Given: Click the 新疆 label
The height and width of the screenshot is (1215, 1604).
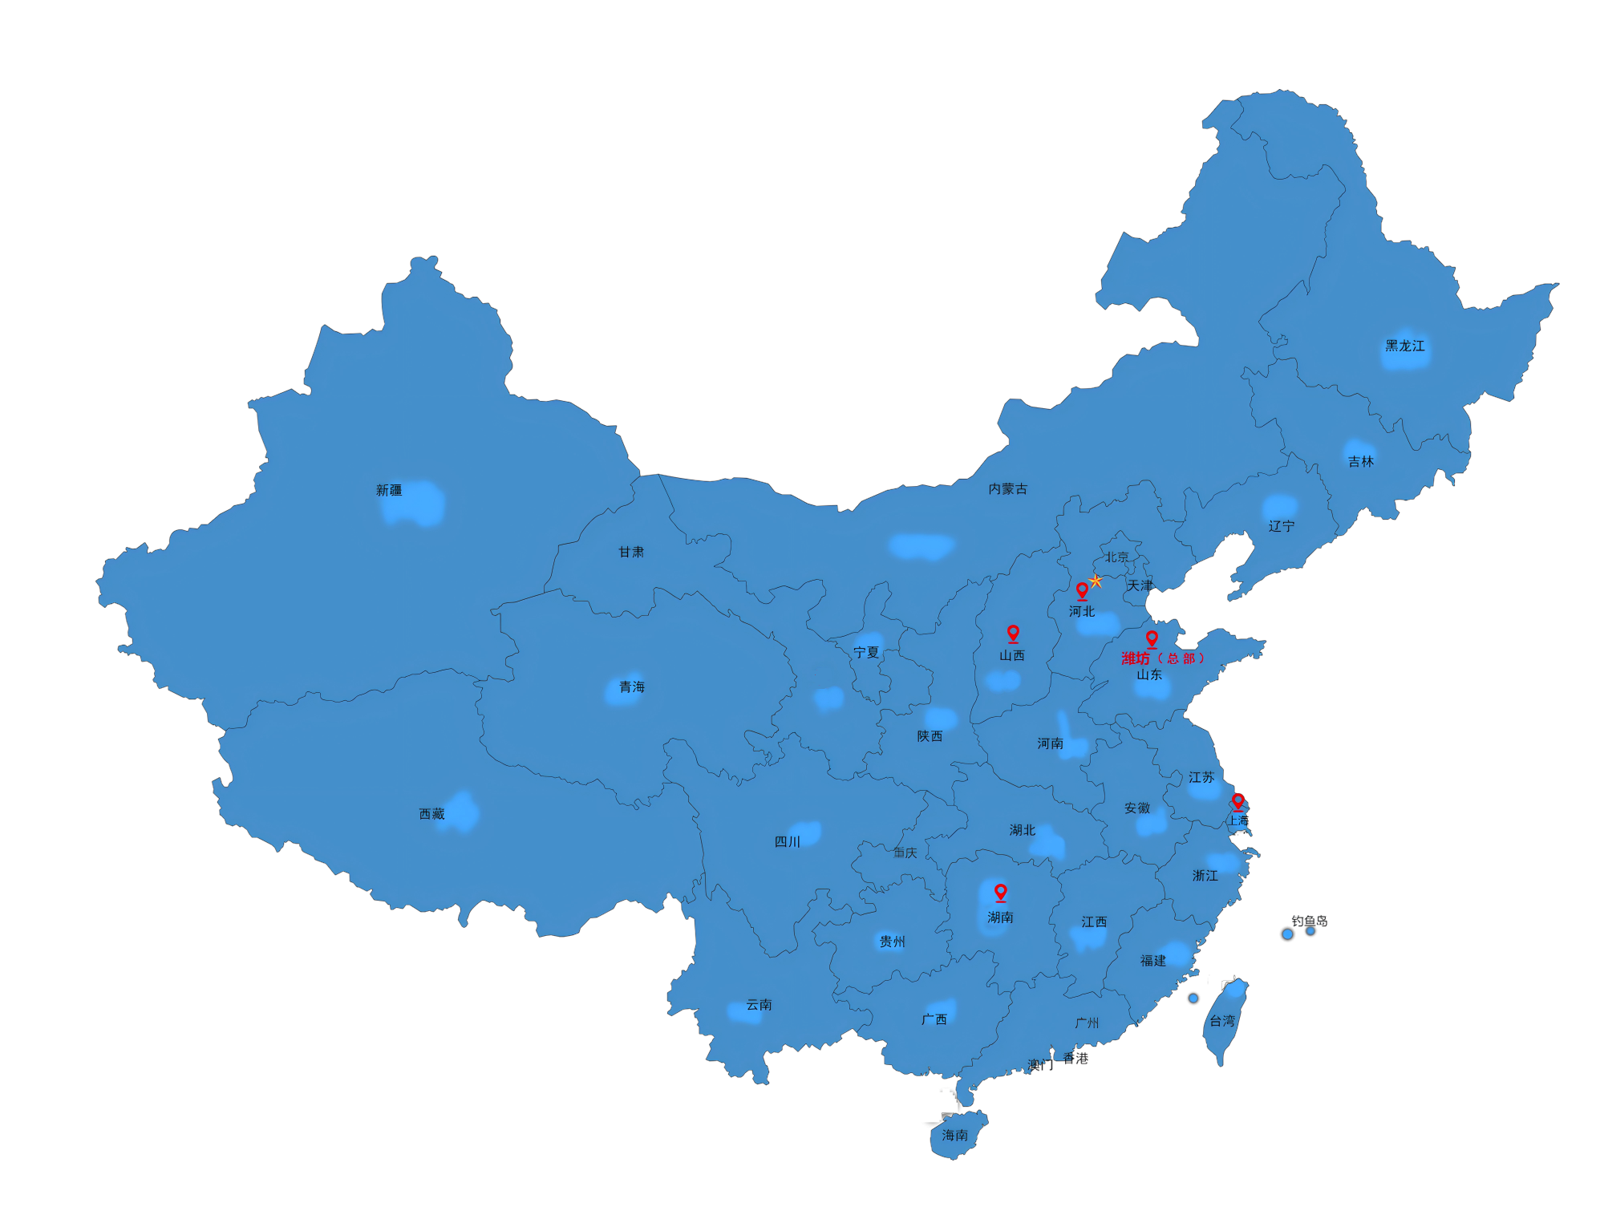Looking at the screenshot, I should click(x=389, y=490).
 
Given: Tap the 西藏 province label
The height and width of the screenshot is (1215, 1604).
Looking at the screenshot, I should click(x=431, y=814).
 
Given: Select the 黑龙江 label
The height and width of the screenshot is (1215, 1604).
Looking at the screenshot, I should click(x=1405, y=346).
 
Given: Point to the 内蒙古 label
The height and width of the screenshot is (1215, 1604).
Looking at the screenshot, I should click(x=1007, y=488).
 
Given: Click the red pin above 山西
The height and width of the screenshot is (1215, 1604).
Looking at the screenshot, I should click(x=1013, y=634).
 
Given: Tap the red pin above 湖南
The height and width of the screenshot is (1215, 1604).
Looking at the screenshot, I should click(x=1000, y=892).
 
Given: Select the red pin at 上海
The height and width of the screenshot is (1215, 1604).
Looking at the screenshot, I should click(x=1237, y=801).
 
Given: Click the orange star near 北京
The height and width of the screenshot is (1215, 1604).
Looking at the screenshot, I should click(x=1096, y=581).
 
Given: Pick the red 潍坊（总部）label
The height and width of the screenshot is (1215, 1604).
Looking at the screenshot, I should click(x=1162, y=658).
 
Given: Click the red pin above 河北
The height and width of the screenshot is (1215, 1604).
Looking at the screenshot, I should click(x=1082, y=591).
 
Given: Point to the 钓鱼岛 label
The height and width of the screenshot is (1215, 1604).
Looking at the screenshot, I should click(x=1309, y=921).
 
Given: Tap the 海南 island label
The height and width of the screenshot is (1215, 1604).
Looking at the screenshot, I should click(x=954, y=1135).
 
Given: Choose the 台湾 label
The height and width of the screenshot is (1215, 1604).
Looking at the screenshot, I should click(x=1222, y=1021).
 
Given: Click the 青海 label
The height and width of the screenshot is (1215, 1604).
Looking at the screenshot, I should click(x=631, y=686).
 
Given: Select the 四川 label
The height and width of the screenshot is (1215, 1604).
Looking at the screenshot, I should click(x=787, y=841).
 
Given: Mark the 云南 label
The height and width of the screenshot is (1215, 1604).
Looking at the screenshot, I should click(x=759, y=1004).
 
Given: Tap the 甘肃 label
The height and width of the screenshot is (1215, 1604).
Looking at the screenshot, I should click(x=631, y=552).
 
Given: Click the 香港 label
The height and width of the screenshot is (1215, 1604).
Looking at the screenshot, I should click(x=1075, y=1058).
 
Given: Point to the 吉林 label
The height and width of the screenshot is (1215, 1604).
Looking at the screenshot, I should click(x=1360, y=461).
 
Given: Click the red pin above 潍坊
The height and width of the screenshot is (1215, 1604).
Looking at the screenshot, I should click(x=1152, y=638).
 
